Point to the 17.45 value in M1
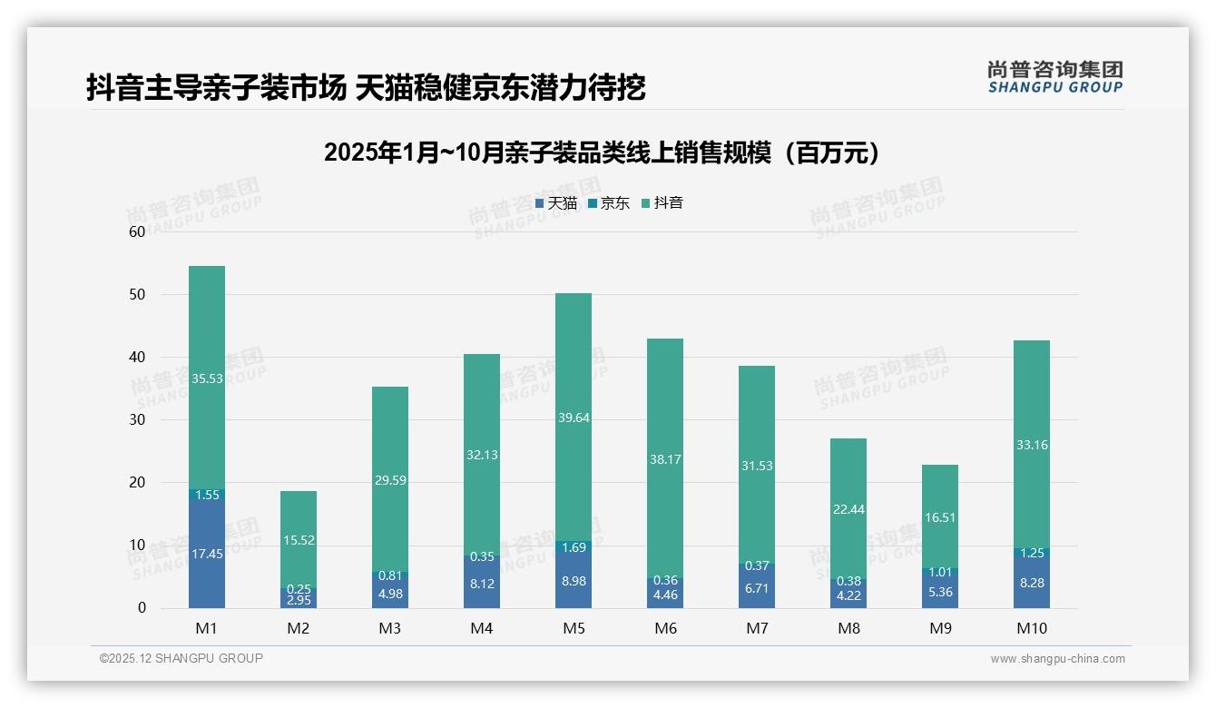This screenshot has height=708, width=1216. [x=207, y=554]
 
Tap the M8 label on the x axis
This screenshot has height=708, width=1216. [x=848, y=628]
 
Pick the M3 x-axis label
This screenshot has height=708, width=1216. [x=390, y=628]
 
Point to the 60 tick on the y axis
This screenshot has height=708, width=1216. [x=137, y=232]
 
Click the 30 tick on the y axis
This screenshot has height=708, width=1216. [x=137, y=420]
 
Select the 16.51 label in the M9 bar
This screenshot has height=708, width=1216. [x=940, y=518]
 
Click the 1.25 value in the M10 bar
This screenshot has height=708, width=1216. [x=1032, y=553]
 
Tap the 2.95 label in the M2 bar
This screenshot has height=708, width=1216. [x=299, y=601]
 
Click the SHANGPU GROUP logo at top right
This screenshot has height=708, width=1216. [x=1054, y=77]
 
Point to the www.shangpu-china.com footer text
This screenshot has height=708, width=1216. [x=1057, y=659]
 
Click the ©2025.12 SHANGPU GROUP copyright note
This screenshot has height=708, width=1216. [x=181, y=659]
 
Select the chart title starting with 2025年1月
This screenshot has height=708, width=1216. [x=603, y=152]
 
